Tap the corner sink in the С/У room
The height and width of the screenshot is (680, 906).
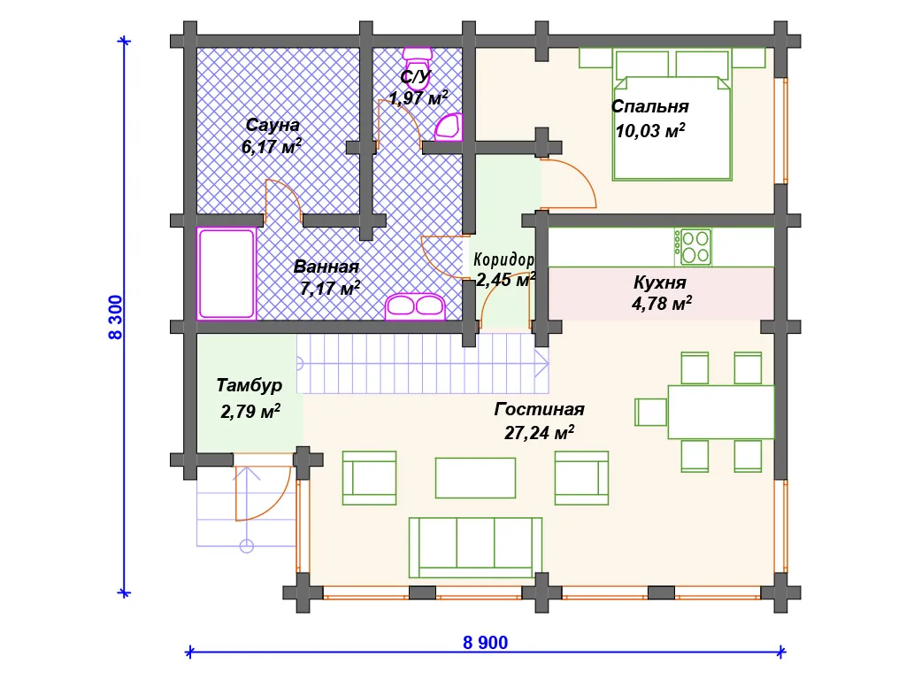point(449,127)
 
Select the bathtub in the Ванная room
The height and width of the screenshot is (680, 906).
point(226,274)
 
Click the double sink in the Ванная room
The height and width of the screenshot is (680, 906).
point(415,306)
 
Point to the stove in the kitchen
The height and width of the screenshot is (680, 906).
point(693,248)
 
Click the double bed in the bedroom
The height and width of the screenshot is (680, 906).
point(672,115)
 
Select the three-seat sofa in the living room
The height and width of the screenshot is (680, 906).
point(475,547)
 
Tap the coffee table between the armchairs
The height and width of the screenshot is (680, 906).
point(475,477)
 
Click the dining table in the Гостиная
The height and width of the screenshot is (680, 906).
point(721,413)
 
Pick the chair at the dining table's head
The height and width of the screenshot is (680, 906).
point(651,413)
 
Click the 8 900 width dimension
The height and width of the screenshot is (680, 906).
point(486,643)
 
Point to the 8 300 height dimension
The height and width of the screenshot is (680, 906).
point(116,317)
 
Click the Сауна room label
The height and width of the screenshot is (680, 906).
point(273,125)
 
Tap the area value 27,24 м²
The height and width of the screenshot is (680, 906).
point(539,432)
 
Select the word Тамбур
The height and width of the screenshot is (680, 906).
point(249,385)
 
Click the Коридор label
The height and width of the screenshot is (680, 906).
point(503,259)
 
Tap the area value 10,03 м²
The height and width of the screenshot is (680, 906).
point(650,131)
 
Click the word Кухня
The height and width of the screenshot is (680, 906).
point(660,282)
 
